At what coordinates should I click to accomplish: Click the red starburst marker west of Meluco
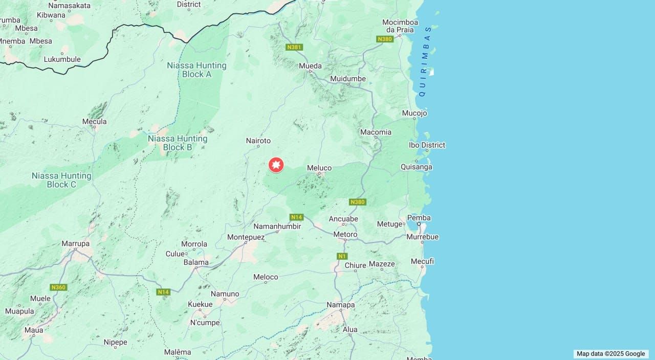276,165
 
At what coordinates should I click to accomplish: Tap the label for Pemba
419,218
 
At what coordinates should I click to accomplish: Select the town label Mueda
311,66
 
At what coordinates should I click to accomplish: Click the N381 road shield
294,47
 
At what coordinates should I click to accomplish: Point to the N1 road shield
342,256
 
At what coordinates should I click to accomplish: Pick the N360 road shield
58,287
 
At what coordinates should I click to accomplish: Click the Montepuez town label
246,237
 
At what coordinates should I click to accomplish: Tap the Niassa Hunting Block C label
61,180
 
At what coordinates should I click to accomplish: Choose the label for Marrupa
76,243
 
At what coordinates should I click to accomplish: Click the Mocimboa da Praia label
400,26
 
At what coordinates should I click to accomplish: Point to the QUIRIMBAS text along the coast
425,61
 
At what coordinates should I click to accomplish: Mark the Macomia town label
376,132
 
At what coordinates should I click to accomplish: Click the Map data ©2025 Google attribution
610,353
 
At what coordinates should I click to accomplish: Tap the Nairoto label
258,141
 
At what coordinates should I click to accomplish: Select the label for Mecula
95,122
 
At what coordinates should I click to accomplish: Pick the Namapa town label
341,305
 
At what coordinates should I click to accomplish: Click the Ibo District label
427,145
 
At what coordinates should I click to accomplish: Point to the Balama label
196,262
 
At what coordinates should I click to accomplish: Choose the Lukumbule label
62,59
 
